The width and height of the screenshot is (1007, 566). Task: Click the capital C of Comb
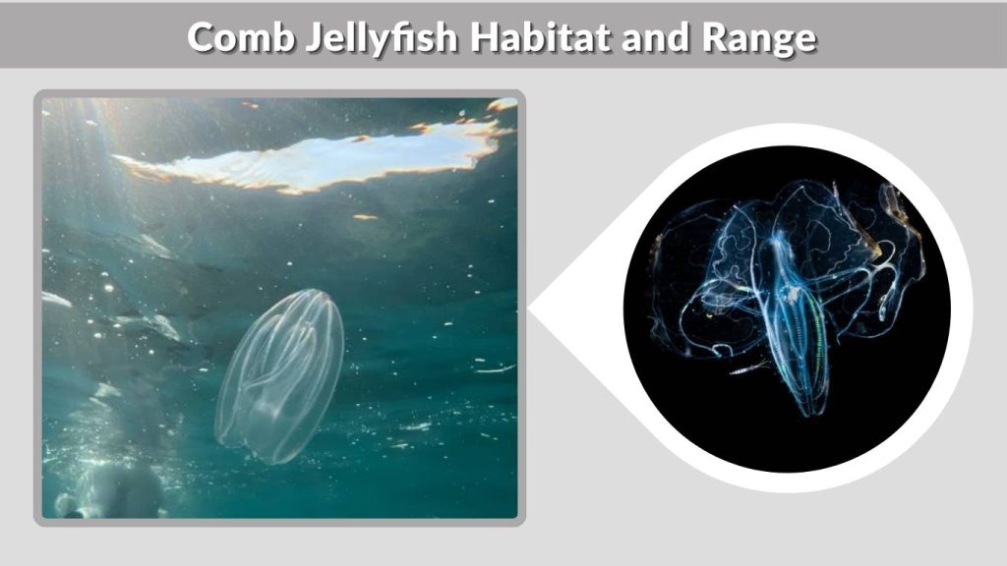[201, 37]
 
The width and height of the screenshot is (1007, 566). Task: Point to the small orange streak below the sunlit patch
[365, 216]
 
